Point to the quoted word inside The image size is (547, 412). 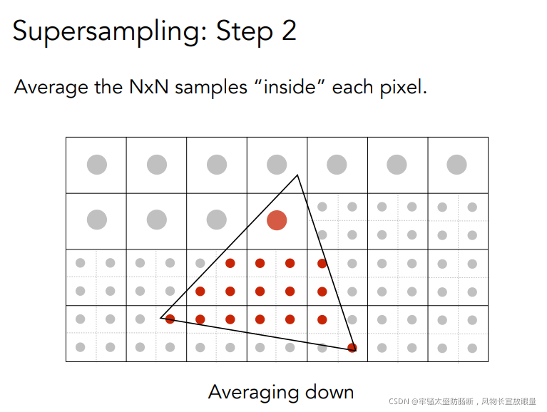pos(287,88)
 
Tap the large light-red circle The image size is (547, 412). pos(277,220)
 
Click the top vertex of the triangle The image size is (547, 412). pos(297,175)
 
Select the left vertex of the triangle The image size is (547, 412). pos(161,317)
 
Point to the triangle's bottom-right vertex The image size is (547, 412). pos(354,349)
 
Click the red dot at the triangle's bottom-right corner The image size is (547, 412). pos(352,348)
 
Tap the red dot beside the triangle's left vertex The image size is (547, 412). pos(170,319)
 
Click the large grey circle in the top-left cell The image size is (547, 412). pos(97,165)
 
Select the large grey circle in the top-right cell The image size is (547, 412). pos(456,165)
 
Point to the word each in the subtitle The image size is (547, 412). pos(352,88)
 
